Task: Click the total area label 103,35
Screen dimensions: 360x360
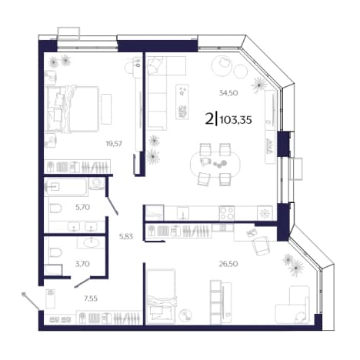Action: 236,120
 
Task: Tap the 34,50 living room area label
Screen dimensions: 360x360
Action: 228,93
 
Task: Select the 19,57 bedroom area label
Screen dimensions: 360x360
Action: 114,144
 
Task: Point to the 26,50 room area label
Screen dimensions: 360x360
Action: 228,264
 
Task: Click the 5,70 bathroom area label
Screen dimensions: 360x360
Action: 82,207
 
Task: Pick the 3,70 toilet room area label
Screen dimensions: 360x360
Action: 82,264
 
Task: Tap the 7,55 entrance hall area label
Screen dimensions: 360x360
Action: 91,298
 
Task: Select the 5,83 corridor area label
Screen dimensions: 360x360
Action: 126,236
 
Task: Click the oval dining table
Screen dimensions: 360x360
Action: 215,164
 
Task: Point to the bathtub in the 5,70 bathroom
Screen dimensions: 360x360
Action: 66,187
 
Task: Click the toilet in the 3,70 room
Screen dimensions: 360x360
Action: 55,252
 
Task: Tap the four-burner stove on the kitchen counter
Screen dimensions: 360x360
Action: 227,213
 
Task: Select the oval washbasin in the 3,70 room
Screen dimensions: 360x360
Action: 91,242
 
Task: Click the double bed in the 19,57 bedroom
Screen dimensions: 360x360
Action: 72,109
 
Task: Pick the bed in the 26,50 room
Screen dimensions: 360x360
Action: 161,295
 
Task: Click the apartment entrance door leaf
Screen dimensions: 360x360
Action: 31,301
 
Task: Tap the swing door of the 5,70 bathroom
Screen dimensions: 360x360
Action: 112,205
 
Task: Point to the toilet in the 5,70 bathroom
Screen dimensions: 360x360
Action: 55,208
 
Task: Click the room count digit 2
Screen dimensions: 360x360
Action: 209,119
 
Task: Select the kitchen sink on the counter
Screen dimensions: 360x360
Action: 183,213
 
